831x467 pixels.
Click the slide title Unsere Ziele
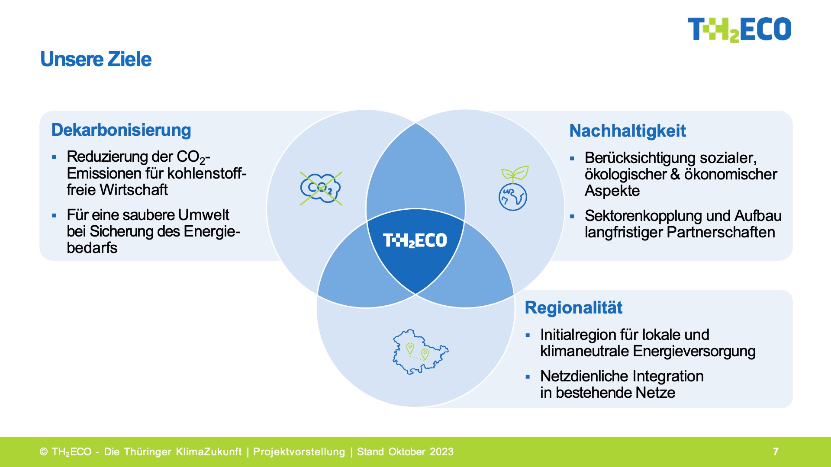(x=96, y=59)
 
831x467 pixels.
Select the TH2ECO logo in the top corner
(x=739, y=29)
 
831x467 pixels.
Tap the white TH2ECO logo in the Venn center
(x=415, y=240)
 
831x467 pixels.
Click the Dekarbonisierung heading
(x=121, y=130)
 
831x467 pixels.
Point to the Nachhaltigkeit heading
(x=628, y=131)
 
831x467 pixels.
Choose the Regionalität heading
(x=573, y=307)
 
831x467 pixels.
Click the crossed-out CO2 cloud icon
(x=321, y=188)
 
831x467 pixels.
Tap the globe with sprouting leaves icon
(x=513, y=189)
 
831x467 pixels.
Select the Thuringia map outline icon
(x=420, y=352)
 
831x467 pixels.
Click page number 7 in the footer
(x=776, y=452)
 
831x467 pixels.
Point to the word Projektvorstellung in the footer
(x=299, y=452)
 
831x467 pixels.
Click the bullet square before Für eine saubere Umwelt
(x=54, y=215)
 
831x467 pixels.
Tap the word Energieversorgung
(x=694, y=351)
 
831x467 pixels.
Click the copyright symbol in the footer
(x=44, y=452)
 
